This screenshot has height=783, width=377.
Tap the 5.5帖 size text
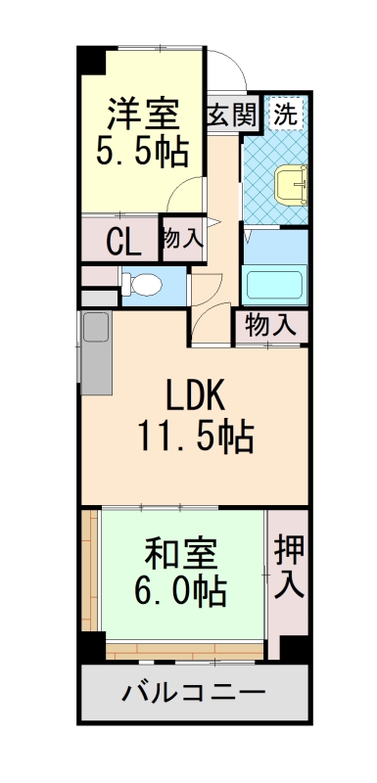(x=142, y=152)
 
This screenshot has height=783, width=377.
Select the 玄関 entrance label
(x=232, y=114)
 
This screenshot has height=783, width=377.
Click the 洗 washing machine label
(x=286, y=113)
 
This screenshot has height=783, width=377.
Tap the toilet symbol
(x=143, y=285)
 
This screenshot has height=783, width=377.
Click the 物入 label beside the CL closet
(x=182, y=238)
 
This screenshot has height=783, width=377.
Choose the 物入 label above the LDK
(x=270, y=324)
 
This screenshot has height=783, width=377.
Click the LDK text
(x=195, y=396)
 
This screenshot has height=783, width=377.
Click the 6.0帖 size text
(x=181, y=590)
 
